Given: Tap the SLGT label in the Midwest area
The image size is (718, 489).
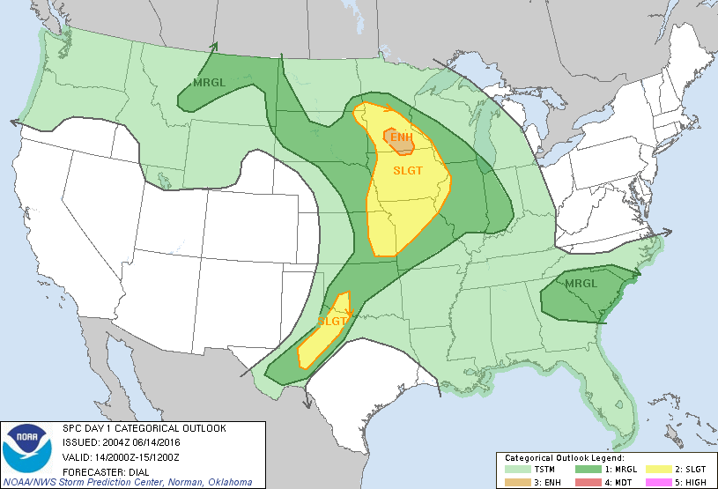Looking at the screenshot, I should coord(408,170).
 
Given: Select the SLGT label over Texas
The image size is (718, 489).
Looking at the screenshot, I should coord(331,322).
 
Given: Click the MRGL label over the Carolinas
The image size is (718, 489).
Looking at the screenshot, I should coord(581,284).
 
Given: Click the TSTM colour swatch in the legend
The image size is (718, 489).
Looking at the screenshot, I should coord(518,470).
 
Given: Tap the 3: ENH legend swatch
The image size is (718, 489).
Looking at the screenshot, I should coord(518,482).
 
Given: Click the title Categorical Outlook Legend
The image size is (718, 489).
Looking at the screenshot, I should coord(564,459).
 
